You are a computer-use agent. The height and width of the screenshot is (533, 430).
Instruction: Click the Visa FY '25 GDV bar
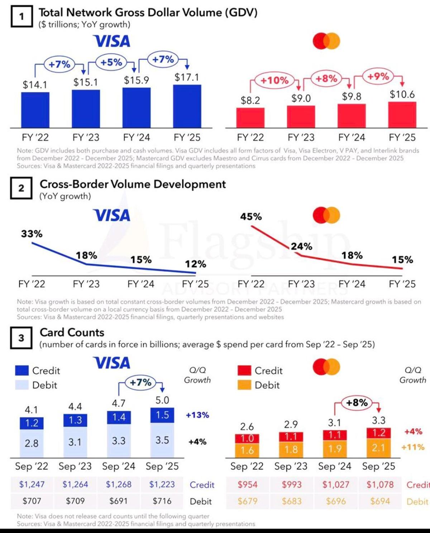187,106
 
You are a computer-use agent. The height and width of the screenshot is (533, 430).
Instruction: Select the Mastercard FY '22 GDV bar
250,118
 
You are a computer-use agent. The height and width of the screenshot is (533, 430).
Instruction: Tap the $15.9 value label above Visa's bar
137,80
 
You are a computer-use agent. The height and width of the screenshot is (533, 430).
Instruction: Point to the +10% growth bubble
274,80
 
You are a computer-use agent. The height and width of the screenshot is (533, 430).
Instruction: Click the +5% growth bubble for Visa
111,62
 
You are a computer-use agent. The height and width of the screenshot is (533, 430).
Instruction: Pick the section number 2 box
21,188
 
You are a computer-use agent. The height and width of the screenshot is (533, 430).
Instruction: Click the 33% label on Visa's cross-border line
32,234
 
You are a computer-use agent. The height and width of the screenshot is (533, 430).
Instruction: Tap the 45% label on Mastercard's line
251,216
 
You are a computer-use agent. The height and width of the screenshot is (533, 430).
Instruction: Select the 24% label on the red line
301,246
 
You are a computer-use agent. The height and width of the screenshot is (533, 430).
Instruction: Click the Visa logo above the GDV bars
111,41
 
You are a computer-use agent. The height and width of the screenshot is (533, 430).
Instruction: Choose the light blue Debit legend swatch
22,385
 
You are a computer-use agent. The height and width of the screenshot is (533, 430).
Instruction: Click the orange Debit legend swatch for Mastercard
244,385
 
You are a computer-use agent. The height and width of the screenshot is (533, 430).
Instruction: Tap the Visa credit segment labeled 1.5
162,415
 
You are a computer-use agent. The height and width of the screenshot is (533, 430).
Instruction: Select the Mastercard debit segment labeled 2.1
378,448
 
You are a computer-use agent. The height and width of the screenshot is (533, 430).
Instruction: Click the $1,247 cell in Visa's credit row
32,485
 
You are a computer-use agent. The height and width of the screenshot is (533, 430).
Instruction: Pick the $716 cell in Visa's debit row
162,501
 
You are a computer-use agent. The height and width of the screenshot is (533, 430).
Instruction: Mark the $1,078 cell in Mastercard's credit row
380,485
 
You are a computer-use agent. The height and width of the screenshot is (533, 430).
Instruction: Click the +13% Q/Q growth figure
197,415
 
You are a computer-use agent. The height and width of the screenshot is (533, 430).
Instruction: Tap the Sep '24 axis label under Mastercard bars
335,466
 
